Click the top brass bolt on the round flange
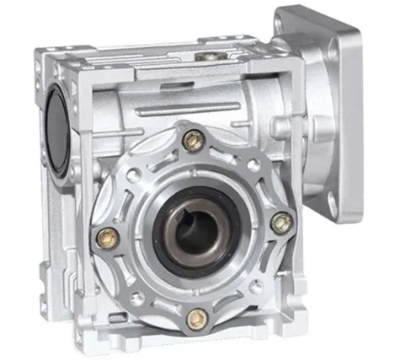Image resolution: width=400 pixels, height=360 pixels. point(193,141)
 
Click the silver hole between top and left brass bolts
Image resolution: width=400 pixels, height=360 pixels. point(135,172)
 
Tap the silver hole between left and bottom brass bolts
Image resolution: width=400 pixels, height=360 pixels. point(138,297)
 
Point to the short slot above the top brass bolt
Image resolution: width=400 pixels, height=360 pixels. point(194,116)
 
